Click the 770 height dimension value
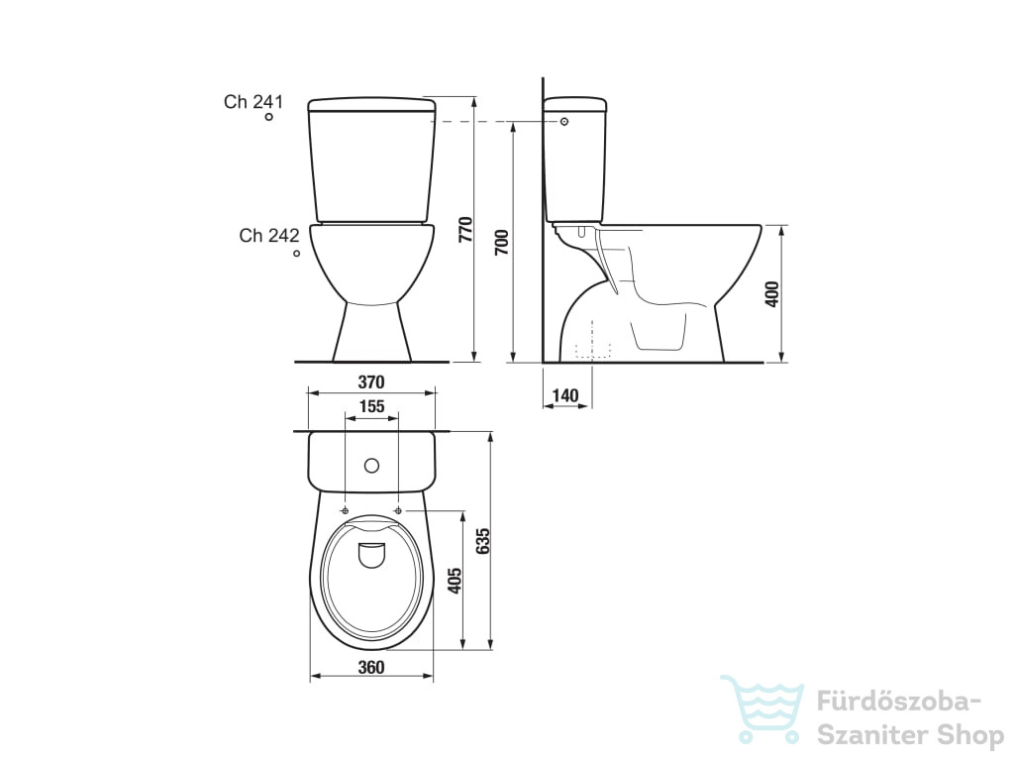465,230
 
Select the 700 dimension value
502,242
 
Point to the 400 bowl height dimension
771,293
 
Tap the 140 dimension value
565,395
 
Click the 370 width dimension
371,381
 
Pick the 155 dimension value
372,406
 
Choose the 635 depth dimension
482,541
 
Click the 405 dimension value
455,581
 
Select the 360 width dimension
371,667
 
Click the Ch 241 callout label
253,102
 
